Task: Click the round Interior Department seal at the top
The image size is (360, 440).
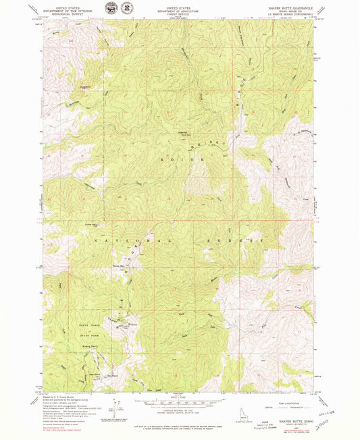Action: coord(109,9)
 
